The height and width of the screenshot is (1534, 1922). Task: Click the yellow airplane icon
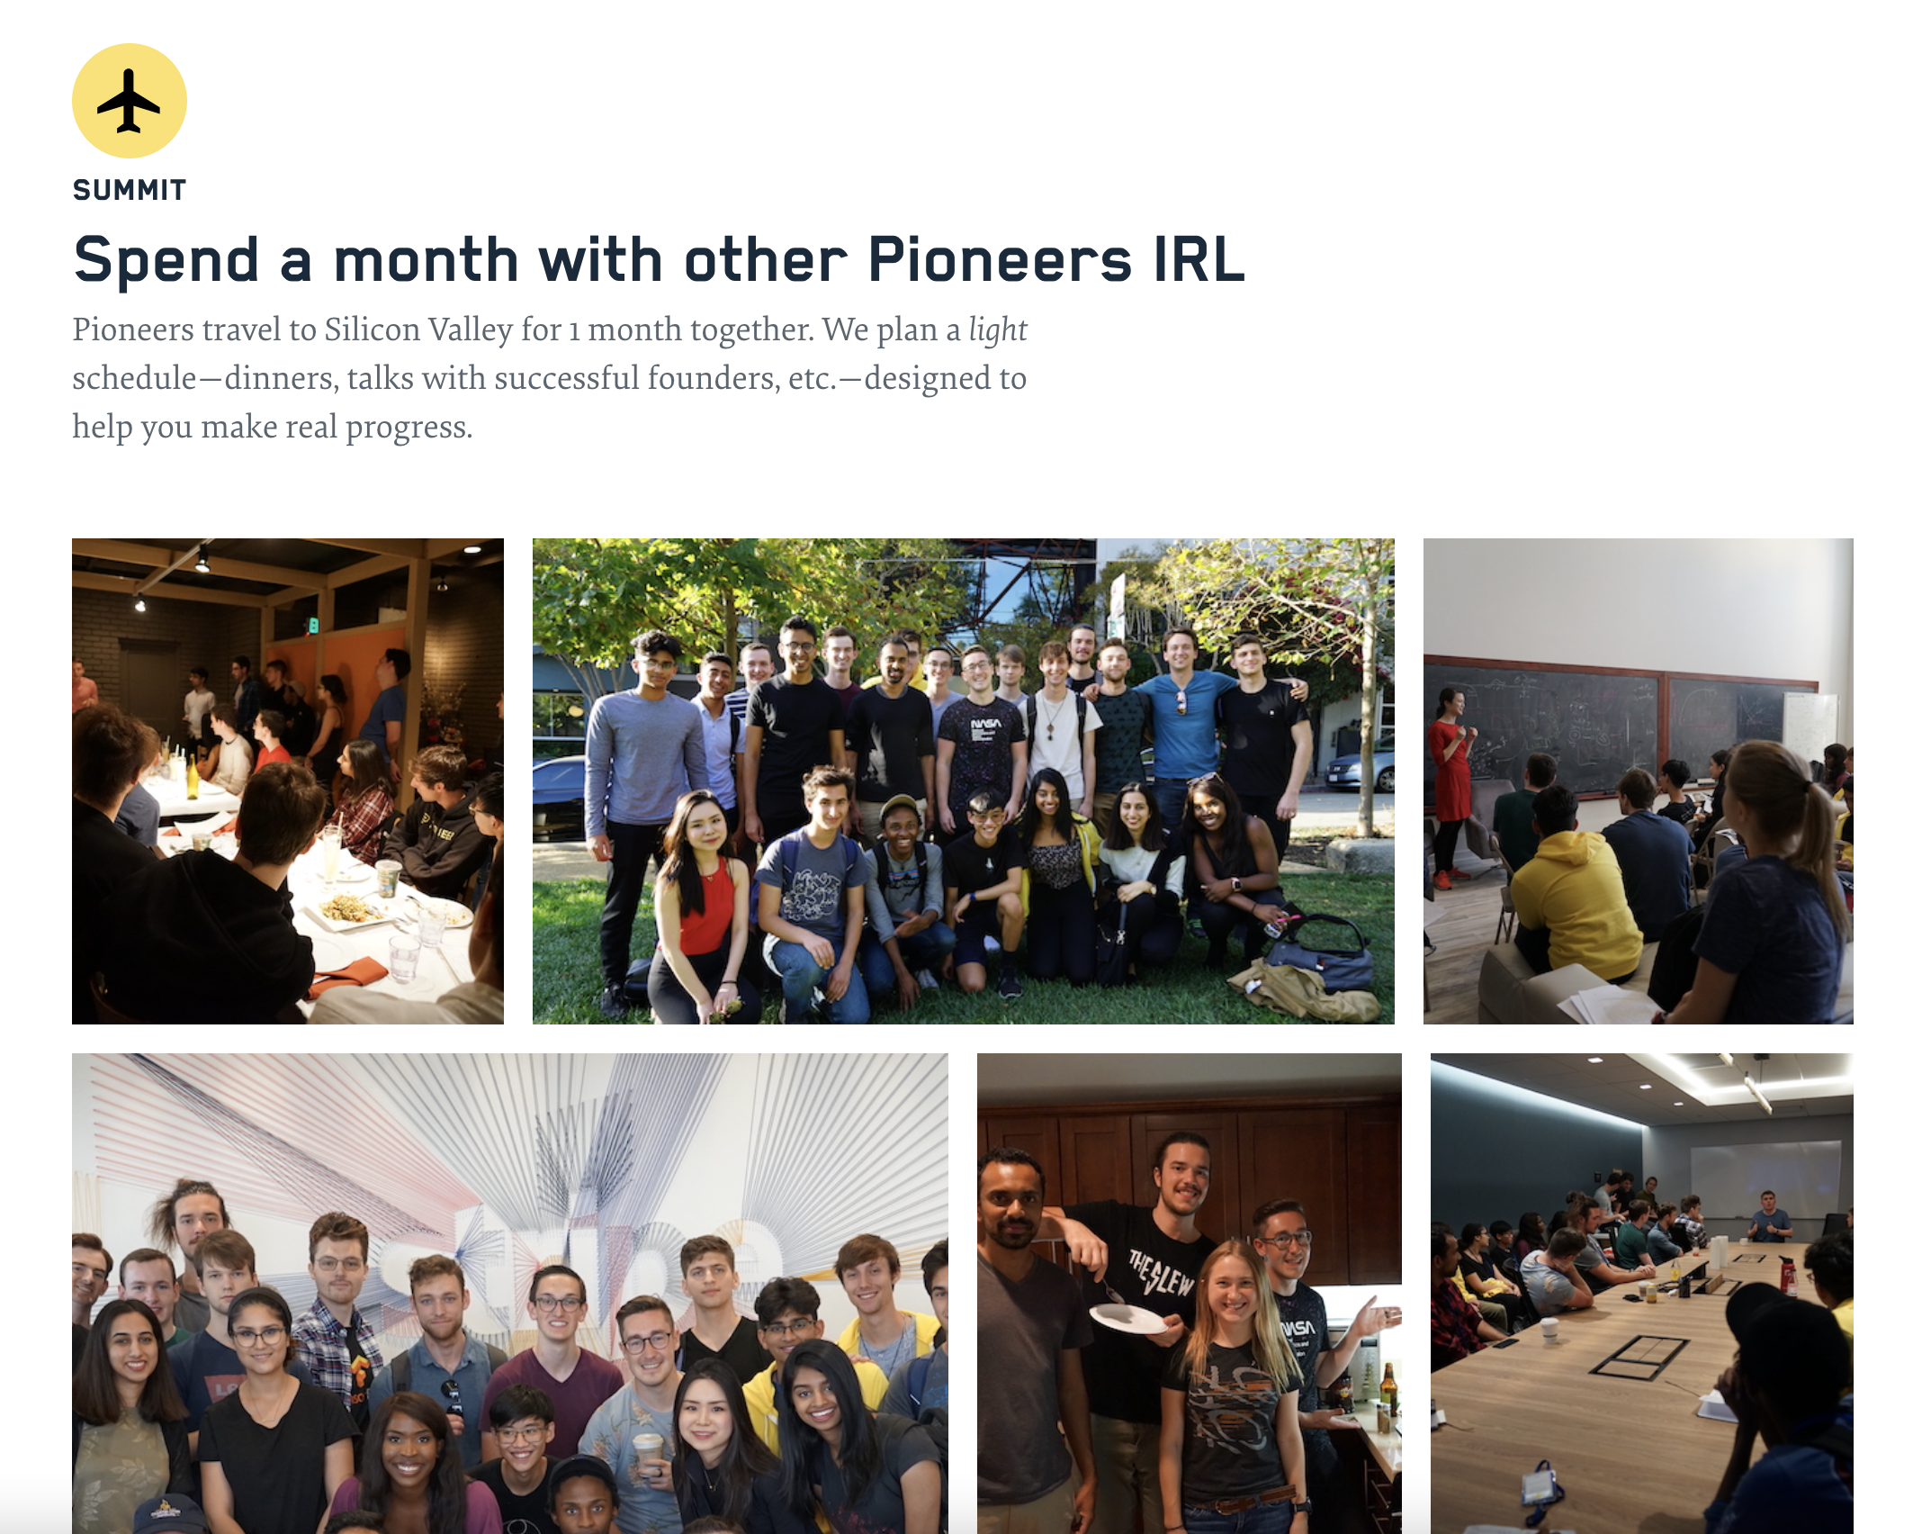tap(130, 101)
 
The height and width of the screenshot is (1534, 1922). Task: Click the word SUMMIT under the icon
tap(130, 190)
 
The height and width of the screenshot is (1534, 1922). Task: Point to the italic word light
tap(997, 329)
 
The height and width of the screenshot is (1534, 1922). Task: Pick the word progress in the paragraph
tap(409, 427)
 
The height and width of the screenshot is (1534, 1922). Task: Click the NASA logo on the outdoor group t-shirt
tap(985, 724)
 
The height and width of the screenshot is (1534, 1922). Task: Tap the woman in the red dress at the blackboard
tap(1449, 765)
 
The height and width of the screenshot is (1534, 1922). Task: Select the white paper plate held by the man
tap(1129, 1320)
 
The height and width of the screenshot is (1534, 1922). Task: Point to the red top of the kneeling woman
tap(706, 905)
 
